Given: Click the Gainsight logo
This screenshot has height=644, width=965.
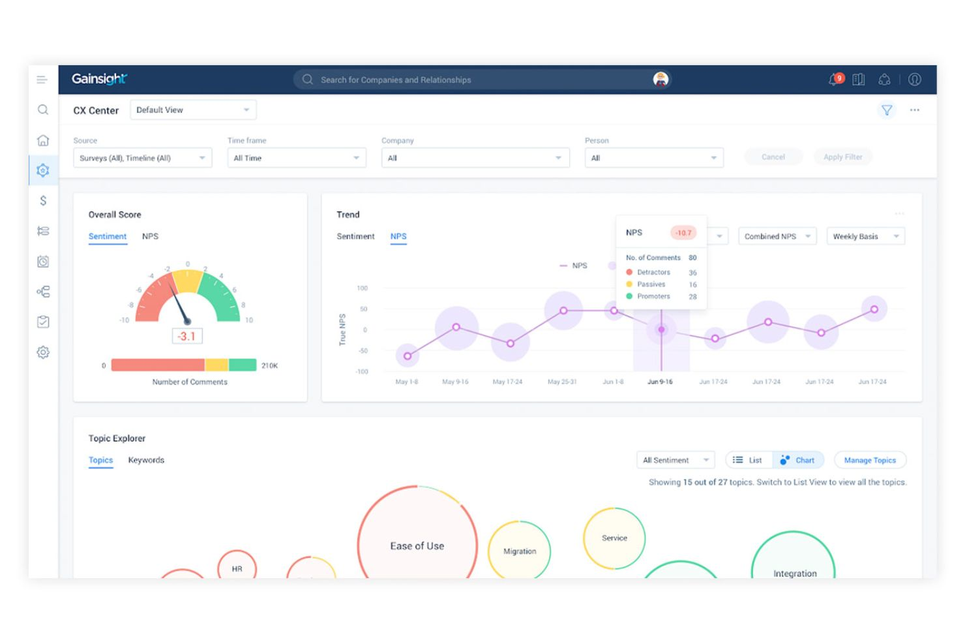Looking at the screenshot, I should [x=99, y=79].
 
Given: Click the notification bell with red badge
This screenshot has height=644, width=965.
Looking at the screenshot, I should [x=835, y=80].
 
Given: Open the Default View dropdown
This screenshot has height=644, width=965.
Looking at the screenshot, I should [x=193, y=110].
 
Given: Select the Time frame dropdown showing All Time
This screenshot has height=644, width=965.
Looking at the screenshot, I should [x=297, y=158].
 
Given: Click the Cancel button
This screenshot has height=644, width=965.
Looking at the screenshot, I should [x=773, y=157].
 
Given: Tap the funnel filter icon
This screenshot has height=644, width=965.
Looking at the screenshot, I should [x=887, y=110].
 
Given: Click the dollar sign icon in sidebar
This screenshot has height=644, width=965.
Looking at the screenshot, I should [x=43, y=201].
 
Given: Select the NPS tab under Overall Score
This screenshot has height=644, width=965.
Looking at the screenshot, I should [x=150, y=236].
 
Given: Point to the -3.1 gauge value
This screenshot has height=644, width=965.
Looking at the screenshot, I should [x=187, y=337].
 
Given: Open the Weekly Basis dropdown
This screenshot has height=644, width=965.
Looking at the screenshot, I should [x=865, y=236].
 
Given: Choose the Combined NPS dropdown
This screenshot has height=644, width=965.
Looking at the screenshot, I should [x=777, y=236].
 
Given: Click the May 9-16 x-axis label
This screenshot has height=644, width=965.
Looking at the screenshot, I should [x=455, y=382].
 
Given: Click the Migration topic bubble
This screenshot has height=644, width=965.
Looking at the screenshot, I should [x=520, y=551].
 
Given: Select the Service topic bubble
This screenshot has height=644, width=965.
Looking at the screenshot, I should [x=614, y=538].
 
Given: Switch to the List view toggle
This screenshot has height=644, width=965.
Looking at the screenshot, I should [x=749, y=460].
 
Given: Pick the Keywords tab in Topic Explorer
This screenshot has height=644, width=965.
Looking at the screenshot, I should [x=146, y=460].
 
